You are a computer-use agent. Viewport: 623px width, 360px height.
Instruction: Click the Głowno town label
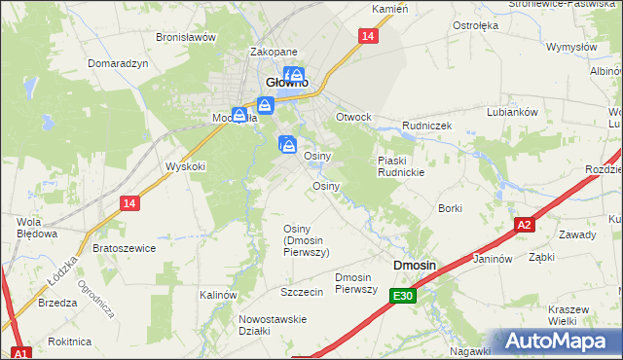click(x=287, y=84)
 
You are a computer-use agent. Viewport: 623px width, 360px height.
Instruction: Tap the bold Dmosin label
click(x=414, y=265)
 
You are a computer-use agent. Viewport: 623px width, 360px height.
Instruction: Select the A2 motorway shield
click(x=525, y=225)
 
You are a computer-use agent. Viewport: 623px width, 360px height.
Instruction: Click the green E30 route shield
click(x=404, y=296)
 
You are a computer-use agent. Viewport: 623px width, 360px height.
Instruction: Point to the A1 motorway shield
click(x=20, y=352)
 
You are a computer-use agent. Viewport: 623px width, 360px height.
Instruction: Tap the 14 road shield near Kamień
click(x=366, y=36)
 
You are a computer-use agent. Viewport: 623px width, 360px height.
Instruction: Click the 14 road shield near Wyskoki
click(x=129, y=202)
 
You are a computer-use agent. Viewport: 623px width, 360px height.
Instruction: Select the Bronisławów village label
click(x=186, y=37)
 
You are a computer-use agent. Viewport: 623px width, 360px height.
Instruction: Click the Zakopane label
click(x=274, y=53)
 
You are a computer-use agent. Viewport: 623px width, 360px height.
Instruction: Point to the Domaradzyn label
click(x=117, y=63)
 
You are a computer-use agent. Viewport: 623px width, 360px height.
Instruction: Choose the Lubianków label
click(x=512, y=112)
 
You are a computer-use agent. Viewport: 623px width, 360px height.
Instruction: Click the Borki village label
click(x=450, y=208)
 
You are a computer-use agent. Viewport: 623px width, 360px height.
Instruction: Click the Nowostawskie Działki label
click(x=273, y=324)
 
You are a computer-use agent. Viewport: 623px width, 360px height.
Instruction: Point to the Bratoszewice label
click(x=124, y=248)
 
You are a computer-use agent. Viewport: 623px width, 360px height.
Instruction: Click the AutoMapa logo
click(x=557, y=342)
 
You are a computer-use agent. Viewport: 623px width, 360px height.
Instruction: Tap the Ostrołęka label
click(x=476, y=24)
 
